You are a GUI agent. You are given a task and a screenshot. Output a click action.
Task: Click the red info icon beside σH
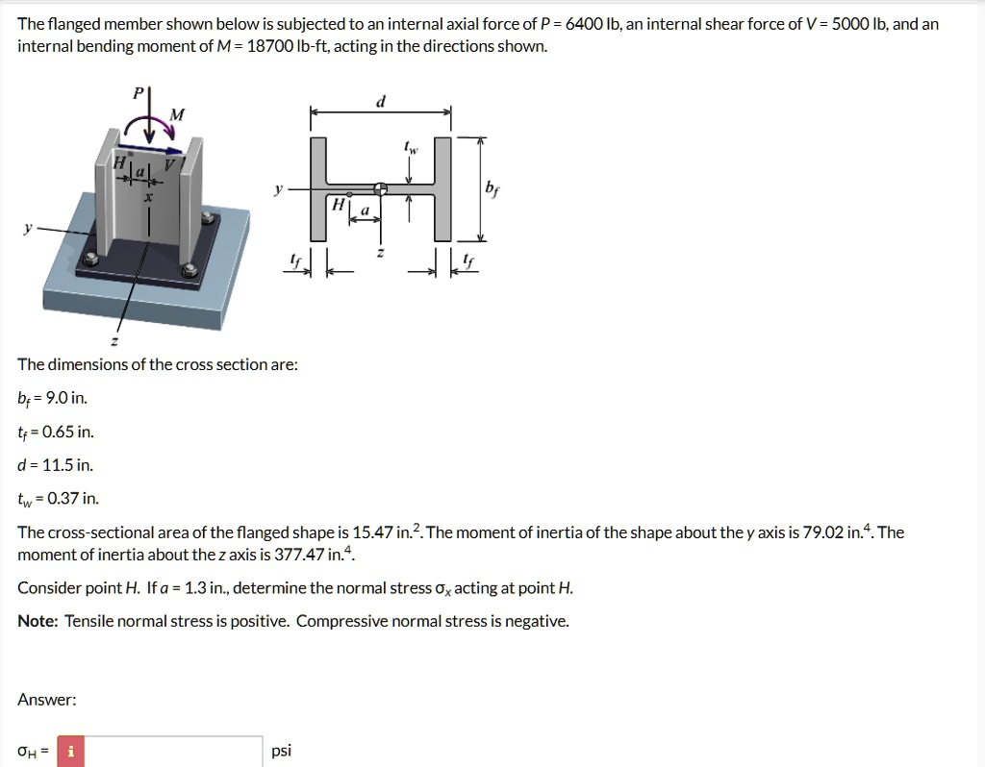click(x=70, y=751)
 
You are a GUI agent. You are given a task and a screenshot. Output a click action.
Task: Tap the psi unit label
click(x=281, y=751)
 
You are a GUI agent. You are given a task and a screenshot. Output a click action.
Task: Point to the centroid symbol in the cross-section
click(x=381, y=188)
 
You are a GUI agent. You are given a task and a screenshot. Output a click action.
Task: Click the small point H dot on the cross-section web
click(x=349, y=194)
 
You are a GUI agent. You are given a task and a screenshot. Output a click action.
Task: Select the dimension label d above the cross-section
click(x=381, y=101)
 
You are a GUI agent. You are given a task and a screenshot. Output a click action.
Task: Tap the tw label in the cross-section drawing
click(x=411, y=148)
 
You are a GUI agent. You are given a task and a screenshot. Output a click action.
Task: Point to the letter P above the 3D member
click(x=137, y=93)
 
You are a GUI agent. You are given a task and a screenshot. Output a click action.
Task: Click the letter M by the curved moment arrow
click(x=176, y=115)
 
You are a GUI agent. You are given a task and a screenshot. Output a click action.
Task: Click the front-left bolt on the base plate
click(x=91, y=259)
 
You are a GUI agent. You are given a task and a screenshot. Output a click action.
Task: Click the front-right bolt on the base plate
click(x=190, y=270)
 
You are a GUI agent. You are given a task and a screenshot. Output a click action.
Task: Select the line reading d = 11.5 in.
click(x=56, y=465)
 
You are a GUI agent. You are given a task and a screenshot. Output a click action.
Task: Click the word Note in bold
click(x=38, y=621)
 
